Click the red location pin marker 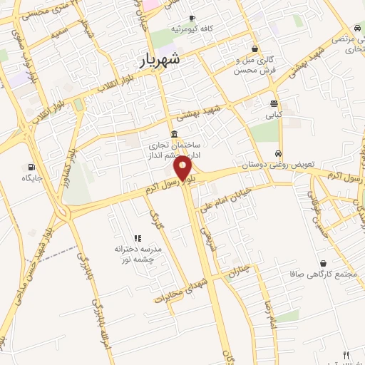pos(183,169)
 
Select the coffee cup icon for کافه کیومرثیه pos(192,18)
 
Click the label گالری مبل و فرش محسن pos(255,66)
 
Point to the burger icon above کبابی pos(274,104)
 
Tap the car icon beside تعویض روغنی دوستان pos(279,153)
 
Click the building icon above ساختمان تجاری pos(175,135)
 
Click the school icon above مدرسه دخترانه pos(138,238)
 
